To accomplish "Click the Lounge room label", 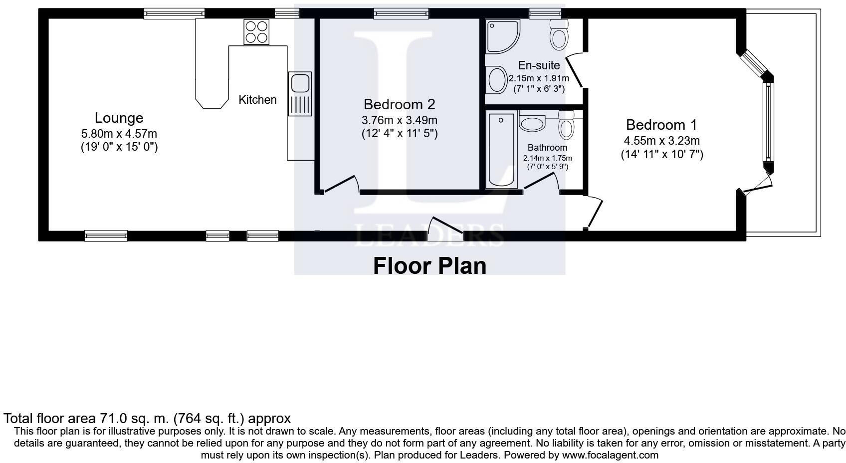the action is (119, 118).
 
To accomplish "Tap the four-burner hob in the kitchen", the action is (256, 32).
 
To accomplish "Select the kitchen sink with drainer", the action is (300, 94).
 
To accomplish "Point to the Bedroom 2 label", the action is (399, 104).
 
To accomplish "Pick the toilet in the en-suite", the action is (559, 35).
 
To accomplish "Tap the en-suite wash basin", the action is (496, 80).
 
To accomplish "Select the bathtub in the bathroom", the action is (501, 150).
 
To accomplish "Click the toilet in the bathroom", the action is (566, 125).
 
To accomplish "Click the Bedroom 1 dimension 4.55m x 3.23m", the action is (662, 141).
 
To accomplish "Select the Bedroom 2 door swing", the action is (341, 184).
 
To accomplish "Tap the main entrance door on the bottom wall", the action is (445, 229).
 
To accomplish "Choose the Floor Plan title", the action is (430, 265).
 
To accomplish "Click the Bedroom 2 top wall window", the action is (401, 14).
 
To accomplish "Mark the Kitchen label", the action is (257, 100).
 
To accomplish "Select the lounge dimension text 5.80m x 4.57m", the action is (119, 134).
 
